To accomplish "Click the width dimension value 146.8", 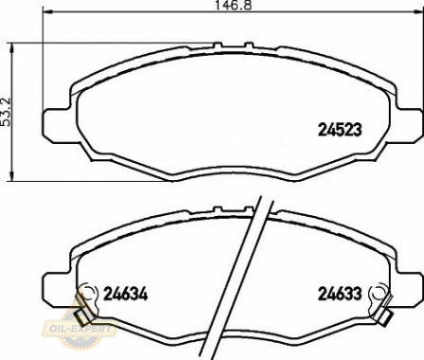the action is click(x=233, y=5).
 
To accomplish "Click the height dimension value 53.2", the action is click(x=7, y=112).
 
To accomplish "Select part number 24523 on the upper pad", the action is click(x=340, y=130).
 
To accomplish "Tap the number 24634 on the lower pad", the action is click(x=126, y=294).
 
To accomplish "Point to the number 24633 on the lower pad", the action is click(x=340, y=294).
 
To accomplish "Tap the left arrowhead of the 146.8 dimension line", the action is click(x=47, y=12).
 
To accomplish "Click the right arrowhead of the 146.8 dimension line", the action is click(x=418, y=12).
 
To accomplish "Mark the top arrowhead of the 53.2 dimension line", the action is click(x=12, y=48).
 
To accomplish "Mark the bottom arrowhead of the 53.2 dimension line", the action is click(x=12, y=176).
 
